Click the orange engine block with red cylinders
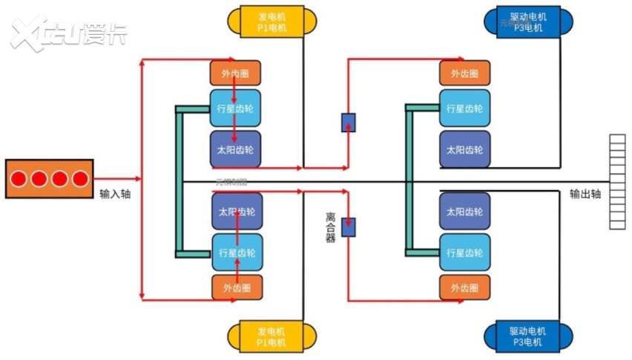coord(50,178)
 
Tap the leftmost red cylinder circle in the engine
coord(19,179)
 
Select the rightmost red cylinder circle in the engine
coord(79,179)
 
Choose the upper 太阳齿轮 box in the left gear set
coord(235,149)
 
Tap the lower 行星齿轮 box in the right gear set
coord(464,252)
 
